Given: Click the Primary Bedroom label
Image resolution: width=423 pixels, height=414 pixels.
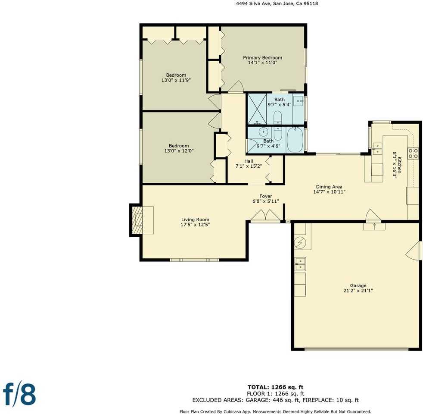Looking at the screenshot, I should [262, 58].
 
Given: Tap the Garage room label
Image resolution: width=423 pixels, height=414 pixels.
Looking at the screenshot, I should [358, 285].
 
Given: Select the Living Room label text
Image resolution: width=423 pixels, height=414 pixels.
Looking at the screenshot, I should [195, 220].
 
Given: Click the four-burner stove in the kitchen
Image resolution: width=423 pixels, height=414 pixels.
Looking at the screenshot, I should [413, 152].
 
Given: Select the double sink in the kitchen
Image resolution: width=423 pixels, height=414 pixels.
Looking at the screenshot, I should [377, 148].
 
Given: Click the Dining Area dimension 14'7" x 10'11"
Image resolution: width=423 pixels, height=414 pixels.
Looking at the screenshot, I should [329, 192].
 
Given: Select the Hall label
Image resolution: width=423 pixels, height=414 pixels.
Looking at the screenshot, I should [249, 161].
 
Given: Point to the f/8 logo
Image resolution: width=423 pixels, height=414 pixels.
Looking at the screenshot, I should [19, 393].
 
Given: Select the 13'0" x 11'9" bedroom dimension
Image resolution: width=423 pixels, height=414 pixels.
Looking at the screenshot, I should [176, 80].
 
